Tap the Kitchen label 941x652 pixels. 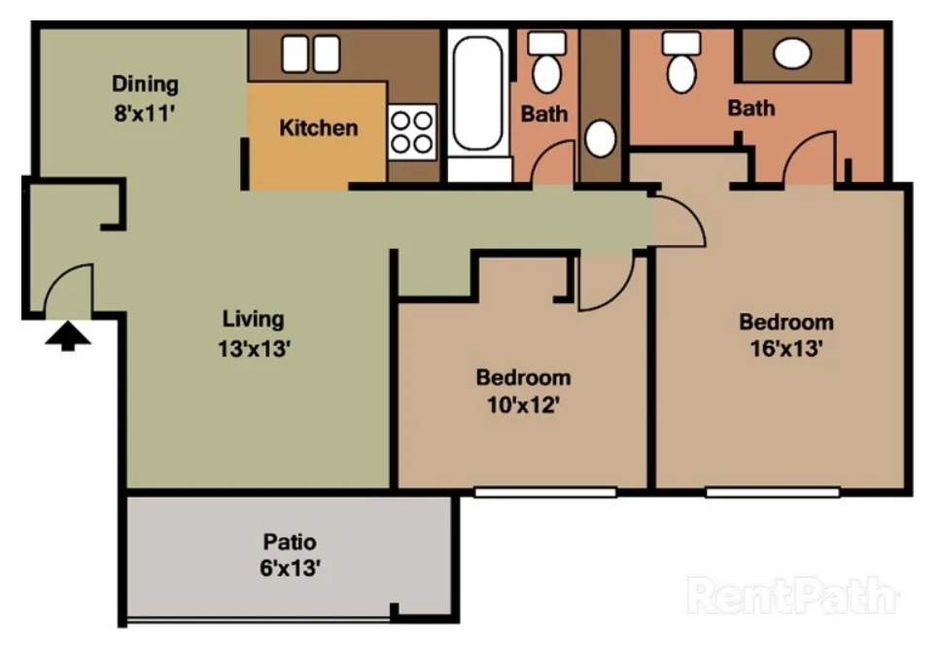(x=318, y=127)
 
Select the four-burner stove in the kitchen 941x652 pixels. (x=411, y=131)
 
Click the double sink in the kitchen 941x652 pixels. (x=310, y=53)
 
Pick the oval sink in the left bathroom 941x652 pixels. (x=600, y=139)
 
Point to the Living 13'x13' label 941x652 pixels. (x=255, y=333)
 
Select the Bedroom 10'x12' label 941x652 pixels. (x=523, y=391)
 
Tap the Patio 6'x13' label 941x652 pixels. (x=290, y=556)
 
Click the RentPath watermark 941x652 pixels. (x=791, y=595)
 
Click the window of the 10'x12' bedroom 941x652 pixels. (x=544, y=493)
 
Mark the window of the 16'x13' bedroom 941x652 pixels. (x=772, y=493)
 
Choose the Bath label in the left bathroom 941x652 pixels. (x=544, y=114)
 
